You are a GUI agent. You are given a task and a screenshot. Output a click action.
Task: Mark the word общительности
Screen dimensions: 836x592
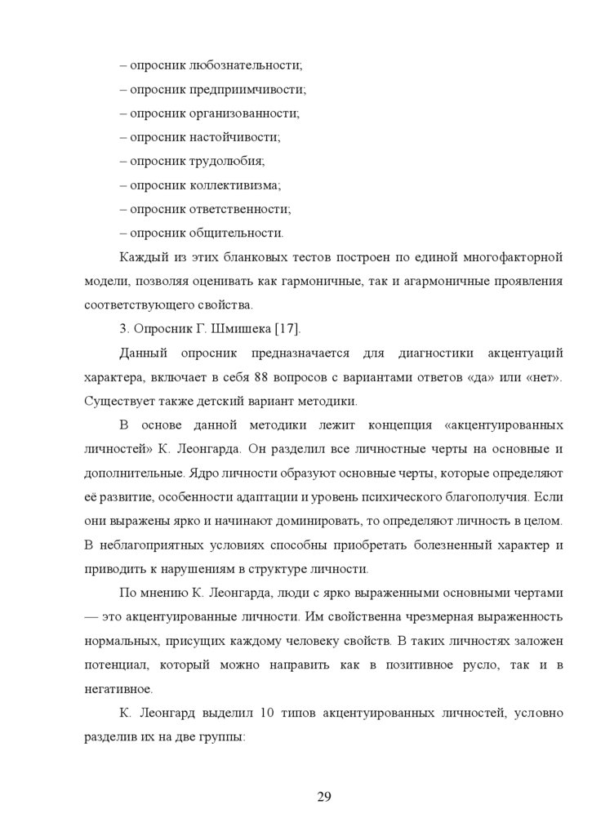tap(237, 233)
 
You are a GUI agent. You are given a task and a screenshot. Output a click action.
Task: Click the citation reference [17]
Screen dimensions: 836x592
tap(287, 329)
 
